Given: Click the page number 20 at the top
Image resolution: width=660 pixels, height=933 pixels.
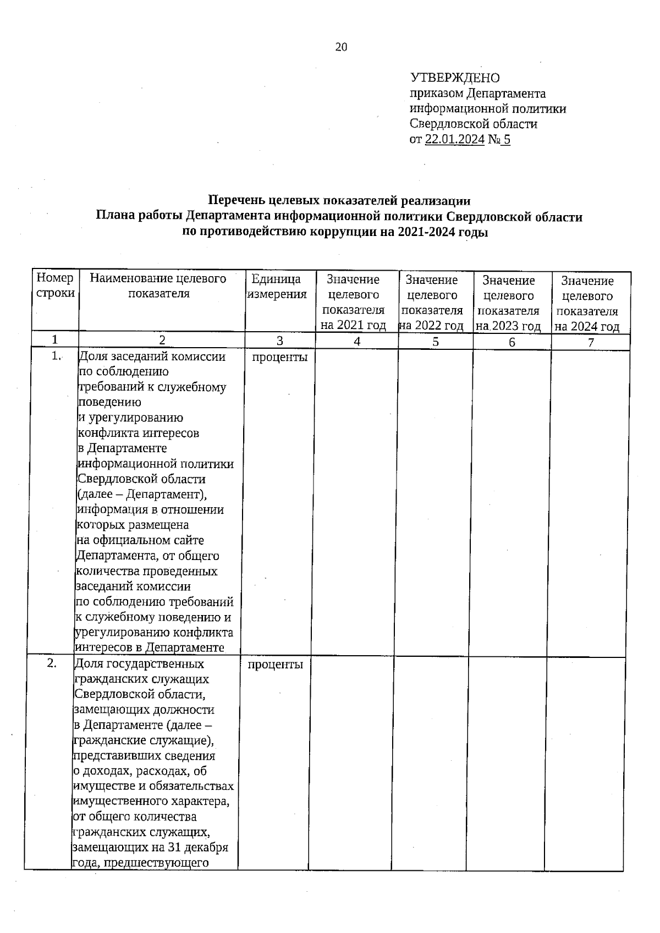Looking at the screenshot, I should click(x=341, y=47).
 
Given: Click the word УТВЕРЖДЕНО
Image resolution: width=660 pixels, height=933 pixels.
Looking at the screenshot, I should click(x=454, y=78).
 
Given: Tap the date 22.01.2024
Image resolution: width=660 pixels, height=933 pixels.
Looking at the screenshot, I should click(x=455, y=140).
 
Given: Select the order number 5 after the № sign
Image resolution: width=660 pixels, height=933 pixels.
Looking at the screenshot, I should click(x=507, y=140).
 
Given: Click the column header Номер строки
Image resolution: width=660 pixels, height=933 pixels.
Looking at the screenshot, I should click(x=55, y=286).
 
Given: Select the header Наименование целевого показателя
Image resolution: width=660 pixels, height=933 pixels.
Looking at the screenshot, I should click(x=158, y=286).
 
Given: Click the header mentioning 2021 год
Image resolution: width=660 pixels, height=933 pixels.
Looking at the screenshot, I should click(x=353, y=303).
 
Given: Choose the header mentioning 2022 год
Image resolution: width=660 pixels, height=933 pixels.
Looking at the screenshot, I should click(x=432, y=303).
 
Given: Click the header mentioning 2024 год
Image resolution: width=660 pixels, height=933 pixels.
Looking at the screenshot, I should click(x=587, y=304).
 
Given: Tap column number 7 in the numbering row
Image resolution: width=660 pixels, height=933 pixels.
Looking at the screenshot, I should click(x=591, y=343).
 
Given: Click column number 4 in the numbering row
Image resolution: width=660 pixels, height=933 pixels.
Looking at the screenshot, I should click(x=357, y=342).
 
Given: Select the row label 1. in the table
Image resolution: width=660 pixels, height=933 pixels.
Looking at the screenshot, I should click(x=56, y=356).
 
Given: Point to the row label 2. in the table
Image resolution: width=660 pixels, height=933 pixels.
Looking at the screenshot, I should click(x=52, y=663).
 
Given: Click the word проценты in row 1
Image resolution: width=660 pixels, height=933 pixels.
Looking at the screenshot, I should click(x=279, y=358).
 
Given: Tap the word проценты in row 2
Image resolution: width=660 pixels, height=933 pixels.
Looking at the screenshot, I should click(x=275, y=665).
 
